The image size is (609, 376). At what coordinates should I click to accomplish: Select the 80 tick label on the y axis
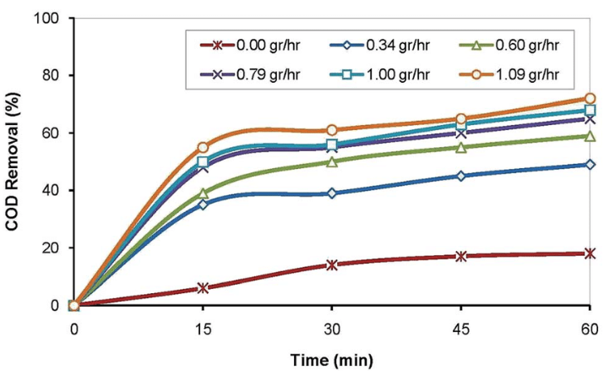(51, 75)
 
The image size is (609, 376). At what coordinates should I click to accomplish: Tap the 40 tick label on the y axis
(51, 190)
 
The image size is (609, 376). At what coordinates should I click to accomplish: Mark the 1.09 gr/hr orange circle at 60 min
(590, 99)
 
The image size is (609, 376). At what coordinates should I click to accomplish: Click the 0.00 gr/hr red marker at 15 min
(203, 288)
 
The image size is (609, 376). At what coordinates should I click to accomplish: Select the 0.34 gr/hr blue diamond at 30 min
(332, 193)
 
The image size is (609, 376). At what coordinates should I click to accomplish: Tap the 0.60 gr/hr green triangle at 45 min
(460, 148)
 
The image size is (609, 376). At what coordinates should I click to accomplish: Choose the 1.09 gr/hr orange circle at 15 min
(203, 147)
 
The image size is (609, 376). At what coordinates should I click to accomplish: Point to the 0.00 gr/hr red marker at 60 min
(590, 253)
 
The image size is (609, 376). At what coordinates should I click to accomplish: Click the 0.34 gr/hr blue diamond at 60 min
(590, 165)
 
